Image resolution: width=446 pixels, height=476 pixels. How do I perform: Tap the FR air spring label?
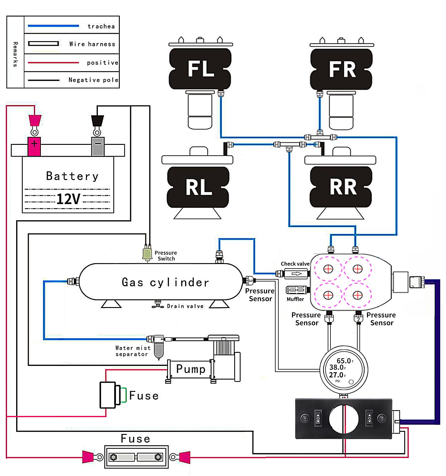click(342, 69)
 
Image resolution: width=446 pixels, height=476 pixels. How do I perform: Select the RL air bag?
click(198, 187)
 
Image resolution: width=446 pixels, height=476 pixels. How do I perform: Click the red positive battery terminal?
click(34, 146)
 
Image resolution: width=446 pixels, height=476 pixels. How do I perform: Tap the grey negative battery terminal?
click(98, 146)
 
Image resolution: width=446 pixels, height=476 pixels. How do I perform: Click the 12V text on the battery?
click(68, 199)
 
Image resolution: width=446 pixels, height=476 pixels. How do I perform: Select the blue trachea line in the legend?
click(53, 26)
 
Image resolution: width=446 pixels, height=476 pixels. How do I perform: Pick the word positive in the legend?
click(102, 63)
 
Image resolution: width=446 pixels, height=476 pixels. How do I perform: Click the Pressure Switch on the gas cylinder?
click(147, 253)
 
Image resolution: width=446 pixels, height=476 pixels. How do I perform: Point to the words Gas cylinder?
click(165, 282)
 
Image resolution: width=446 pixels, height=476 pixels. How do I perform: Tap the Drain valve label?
click(185, 306)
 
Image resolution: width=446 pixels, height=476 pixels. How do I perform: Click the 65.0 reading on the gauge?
click(344, 361)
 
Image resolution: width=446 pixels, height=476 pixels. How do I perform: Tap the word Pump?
click(191, 369)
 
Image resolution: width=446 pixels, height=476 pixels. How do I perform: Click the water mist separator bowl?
click(159, 350)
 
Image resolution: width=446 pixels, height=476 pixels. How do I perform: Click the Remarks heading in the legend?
click(15, 54)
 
